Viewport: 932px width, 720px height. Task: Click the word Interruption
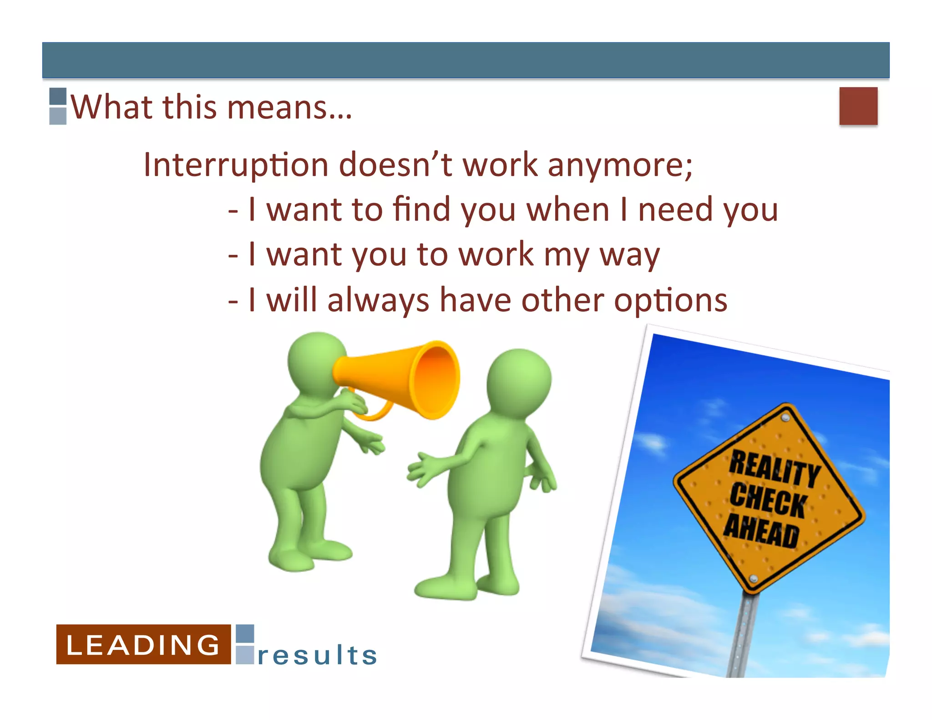[x=236, y=165]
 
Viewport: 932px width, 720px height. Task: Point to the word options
[x=670, y=301]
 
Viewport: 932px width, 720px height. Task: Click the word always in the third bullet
[x=378, y=301]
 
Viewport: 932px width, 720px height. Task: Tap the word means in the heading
[x=289, y=107]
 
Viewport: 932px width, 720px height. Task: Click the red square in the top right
[x=858, y=106]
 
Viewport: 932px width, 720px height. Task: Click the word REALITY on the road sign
[x=775, y=469]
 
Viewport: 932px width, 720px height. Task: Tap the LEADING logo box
[x=143, y=644]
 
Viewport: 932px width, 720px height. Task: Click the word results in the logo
[x=317, y=655]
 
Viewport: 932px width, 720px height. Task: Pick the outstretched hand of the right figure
[x=421, y=471]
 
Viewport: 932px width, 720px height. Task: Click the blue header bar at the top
[x=466, y=60]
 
